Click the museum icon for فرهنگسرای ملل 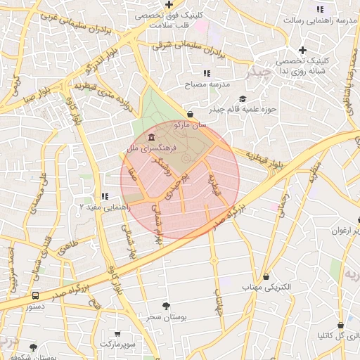coord(152,136)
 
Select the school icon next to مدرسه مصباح coord(206,73)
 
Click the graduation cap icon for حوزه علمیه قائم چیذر coord(243,98)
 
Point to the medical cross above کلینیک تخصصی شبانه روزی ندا coord(302,50)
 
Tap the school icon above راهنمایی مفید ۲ coord(104,196)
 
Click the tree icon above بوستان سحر coord(166,306)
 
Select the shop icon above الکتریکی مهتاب coord(266,276)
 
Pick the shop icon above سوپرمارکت coord(117,333)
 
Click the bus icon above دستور coord(35,295)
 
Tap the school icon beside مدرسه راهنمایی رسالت coord(320,9)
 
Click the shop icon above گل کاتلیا coord(341,326)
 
